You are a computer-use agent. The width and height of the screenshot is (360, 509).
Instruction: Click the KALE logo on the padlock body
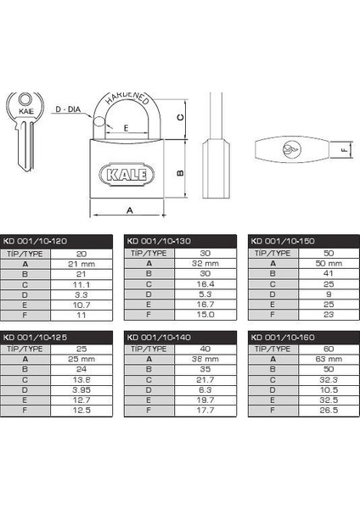click(x=127, y=174)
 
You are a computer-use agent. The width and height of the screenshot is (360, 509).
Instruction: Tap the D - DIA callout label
click(x=68, y=109)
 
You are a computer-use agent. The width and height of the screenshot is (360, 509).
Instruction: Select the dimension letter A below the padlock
click(x=130, y=210)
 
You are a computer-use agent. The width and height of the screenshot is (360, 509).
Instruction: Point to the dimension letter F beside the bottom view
click(x=345, y=150)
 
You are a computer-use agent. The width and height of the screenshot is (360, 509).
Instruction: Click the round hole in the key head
click(x=25, y=99)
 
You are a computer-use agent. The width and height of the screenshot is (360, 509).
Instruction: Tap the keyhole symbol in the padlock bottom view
click(x=292, y=149)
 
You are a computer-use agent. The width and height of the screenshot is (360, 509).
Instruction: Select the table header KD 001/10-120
click(x=35, y=241)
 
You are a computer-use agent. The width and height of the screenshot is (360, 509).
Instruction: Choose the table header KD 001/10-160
click(x=283, y=338)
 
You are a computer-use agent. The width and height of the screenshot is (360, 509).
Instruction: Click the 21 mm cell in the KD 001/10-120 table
click(x=82, y=264)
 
